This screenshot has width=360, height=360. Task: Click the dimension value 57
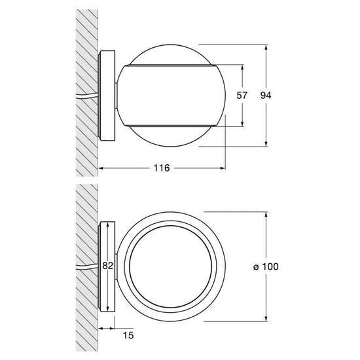coord(242,96)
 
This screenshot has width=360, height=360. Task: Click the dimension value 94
coord(266,96)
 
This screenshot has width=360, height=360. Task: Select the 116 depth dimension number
coord(162,168)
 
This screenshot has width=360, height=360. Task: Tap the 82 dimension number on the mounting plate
coord(108,266)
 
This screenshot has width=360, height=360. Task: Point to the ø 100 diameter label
coord(266,267)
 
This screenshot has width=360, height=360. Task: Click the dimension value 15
coord(128,335)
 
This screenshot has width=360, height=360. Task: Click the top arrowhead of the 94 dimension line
coord(266,47)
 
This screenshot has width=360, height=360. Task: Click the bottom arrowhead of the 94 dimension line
coord(266,143)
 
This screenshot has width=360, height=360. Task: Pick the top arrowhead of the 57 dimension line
coord(242,67)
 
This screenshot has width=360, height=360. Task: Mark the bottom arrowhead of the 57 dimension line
coord(242,123)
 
